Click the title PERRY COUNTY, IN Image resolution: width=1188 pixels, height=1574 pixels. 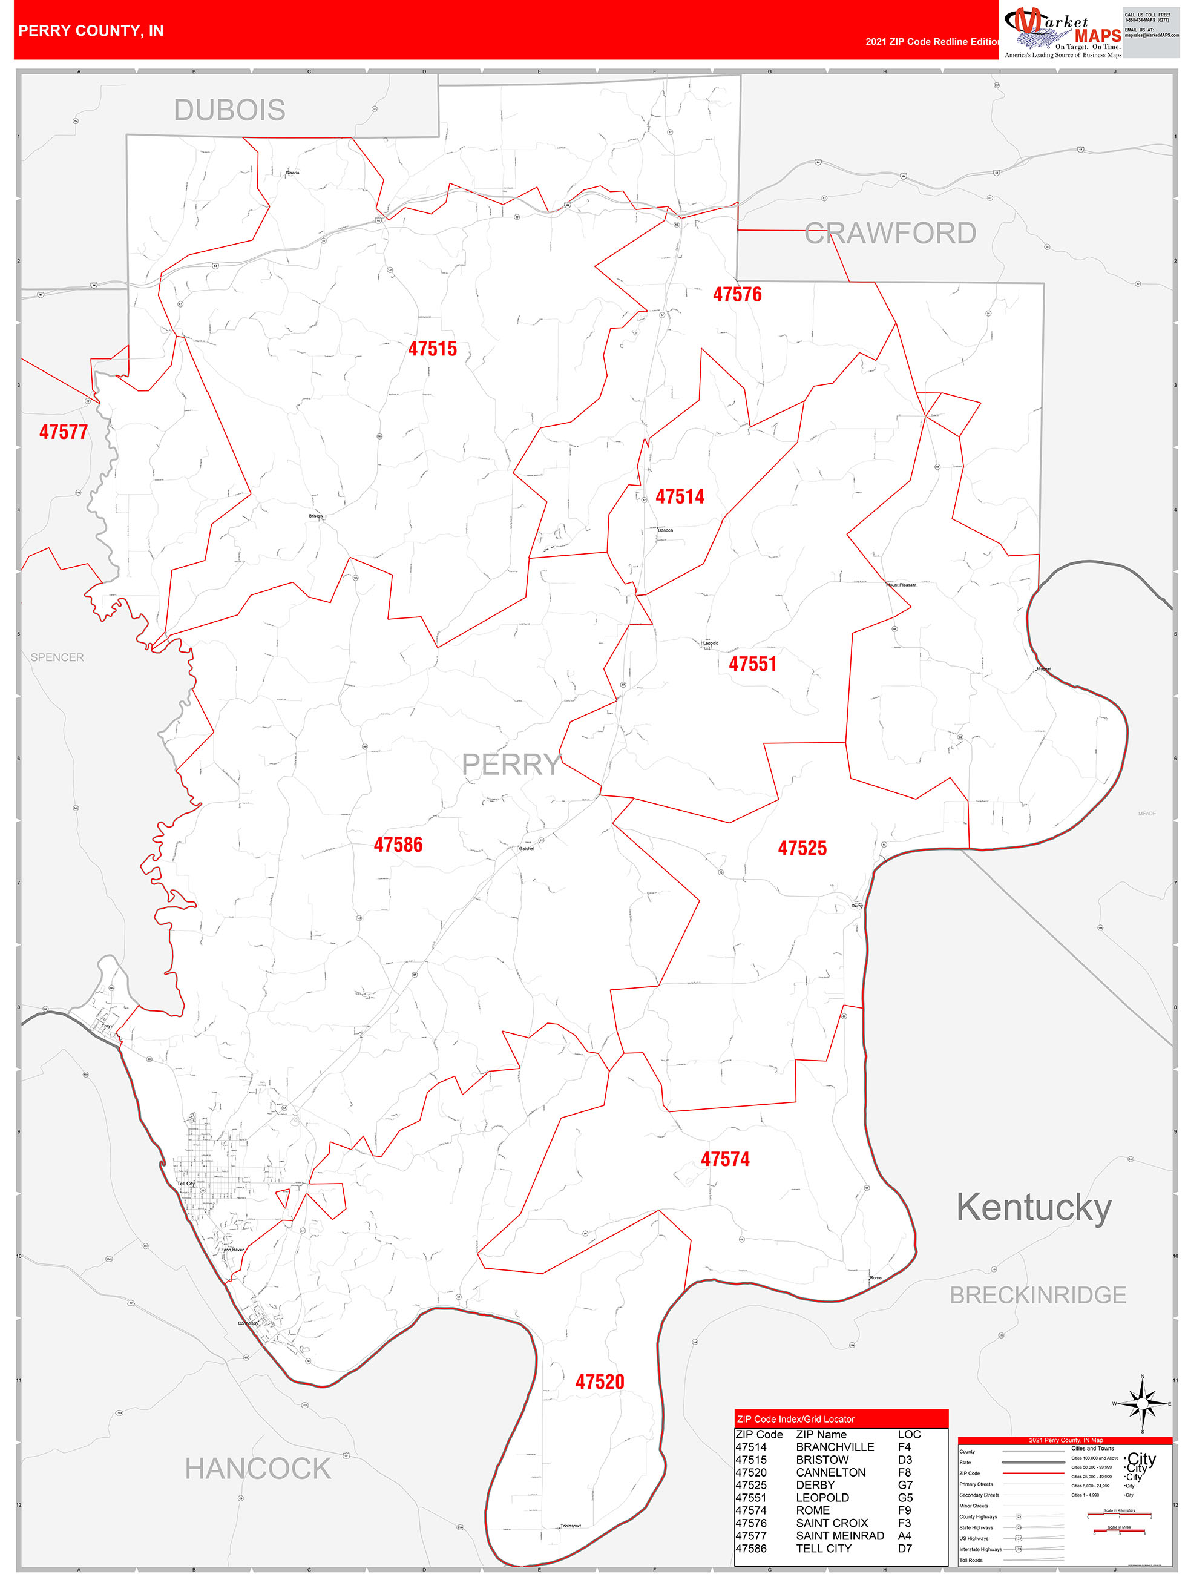tap(91, 31)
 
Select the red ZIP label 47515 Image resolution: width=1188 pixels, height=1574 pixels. tap(433, 349)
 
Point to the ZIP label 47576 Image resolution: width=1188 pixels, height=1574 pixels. tap(737, 295)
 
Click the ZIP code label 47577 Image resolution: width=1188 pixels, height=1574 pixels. tap(64, 432)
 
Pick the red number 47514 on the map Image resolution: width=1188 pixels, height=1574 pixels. tap(680, 496)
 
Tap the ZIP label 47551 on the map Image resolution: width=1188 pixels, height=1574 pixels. tap(753, 664)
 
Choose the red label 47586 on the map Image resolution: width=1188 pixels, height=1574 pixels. tap(398, 845)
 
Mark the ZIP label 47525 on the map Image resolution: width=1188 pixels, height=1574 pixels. tap(802, 848)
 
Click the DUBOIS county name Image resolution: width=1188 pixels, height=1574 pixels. tap(230, 110)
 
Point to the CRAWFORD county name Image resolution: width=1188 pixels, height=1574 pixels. tap(890, 234)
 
